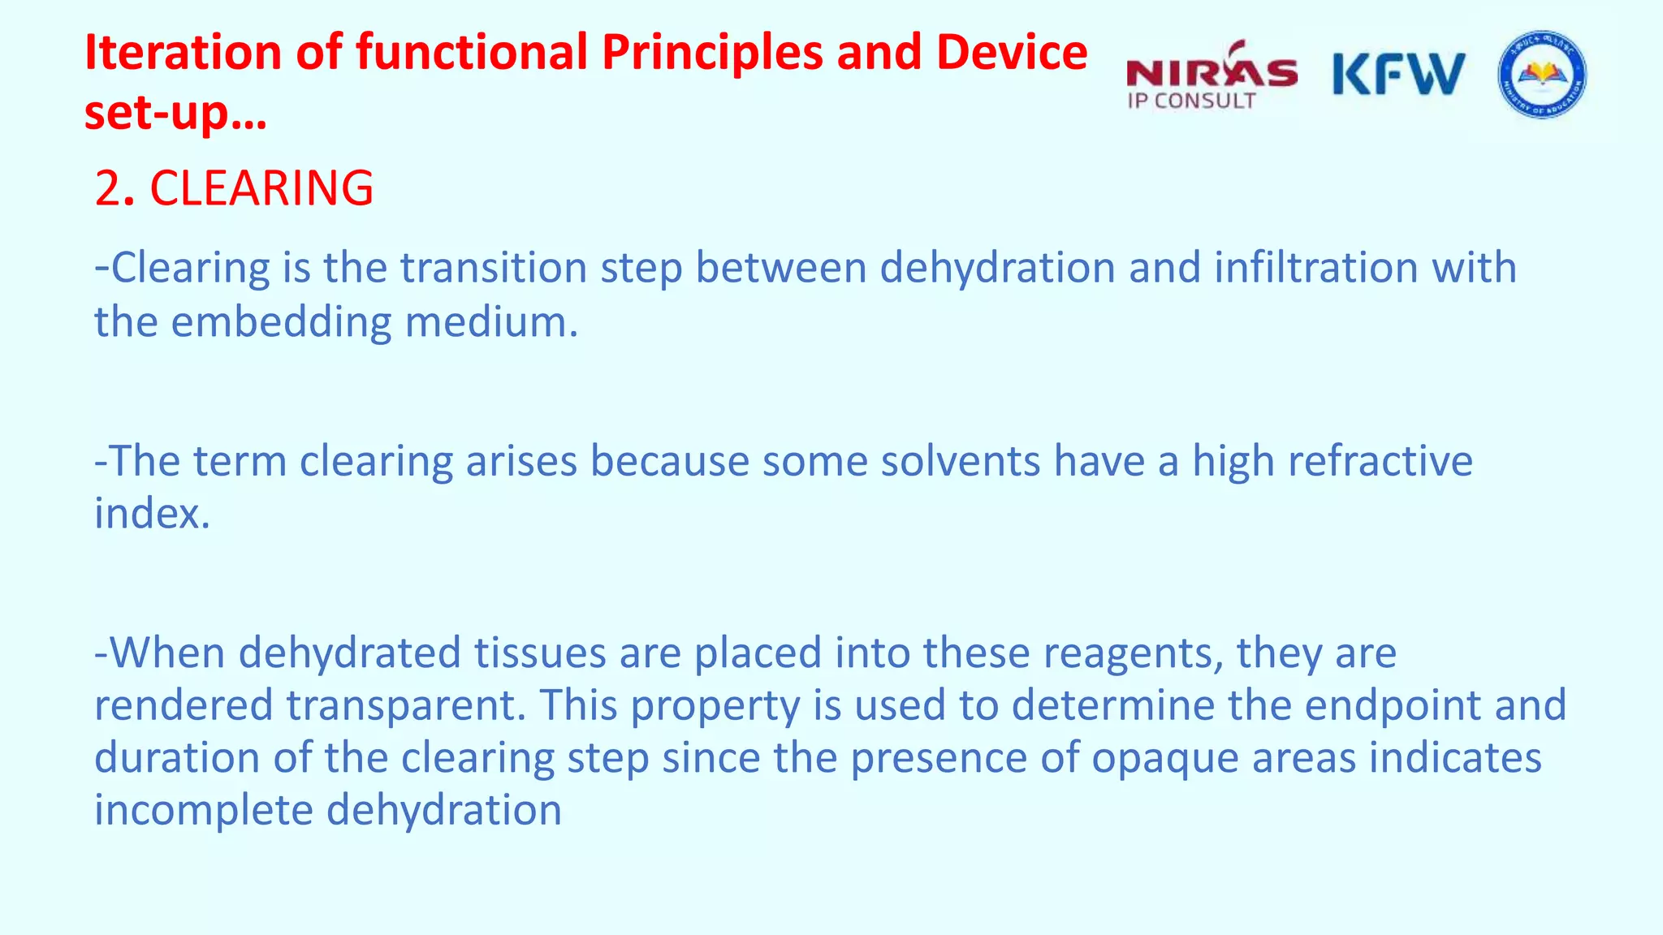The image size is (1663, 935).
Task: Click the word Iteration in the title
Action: pos(184,53)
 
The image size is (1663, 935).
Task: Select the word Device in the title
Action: pos(1011,53)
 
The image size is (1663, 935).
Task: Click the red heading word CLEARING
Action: pos(261,188)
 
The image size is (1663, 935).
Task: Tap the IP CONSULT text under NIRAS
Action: pos(1191,101)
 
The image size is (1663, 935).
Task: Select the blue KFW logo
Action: pos(1398,74)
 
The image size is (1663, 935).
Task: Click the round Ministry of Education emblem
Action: pos(1541,75)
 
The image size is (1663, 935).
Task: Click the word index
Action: pos(151,514)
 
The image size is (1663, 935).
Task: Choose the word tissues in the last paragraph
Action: pos(540,653)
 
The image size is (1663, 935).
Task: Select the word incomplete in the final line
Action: pos(203,811)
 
